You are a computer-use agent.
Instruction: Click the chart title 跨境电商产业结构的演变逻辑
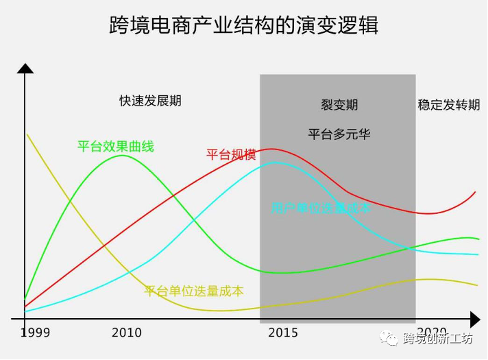[244, 26]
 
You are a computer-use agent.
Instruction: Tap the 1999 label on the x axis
[35, 333]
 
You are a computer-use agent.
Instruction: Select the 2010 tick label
[127, 333]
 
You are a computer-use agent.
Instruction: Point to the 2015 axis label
[283, 333]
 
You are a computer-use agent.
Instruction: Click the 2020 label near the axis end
[432, 330]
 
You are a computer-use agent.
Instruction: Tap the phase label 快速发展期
[150, 101]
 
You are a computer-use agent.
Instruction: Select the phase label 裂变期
[339, 105]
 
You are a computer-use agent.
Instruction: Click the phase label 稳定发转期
[449, 105]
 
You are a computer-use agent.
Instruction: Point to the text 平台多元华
[339, 134]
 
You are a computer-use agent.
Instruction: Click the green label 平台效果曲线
[115, 146]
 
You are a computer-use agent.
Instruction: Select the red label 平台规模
[231, 155]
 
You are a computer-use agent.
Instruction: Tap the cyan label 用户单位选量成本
[320, 207]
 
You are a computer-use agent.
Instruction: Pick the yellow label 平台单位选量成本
[194, 291]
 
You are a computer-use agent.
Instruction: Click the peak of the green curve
[123, 156]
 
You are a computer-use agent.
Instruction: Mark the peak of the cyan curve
[276, 163]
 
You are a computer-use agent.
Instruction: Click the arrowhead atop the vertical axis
[25, 68]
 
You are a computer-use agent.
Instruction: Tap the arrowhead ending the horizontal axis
[474, 319]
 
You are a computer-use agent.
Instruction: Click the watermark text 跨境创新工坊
[438, 339]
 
